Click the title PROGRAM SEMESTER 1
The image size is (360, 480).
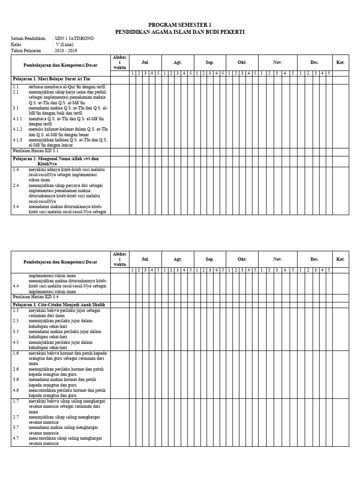click(x=180, y=24)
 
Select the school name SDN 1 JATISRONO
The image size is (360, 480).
click(x=74, y=38)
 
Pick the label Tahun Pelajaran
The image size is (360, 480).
click(x=26, y=51)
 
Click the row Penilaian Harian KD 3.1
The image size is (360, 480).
click(x=36, y=151)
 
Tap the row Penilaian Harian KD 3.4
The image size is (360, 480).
click(x=36, y=297)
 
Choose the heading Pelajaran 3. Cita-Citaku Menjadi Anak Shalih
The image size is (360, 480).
click(x=59, y=305)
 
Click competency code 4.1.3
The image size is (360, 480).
click(x=18, y=140)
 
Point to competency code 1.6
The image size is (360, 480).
click(x=16, y=353)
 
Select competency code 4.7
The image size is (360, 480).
click(x=16, y=438)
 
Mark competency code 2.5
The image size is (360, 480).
click(x=16, y=321)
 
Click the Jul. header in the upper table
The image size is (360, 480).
click(x=145, y=62)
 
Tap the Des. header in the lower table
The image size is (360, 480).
click(x=314, y=259)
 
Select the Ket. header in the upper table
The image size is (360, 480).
click(x=340, y=62)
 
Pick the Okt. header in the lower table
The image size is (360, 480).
click(x=242, y=259)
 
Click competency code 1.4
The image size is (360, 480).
click(x=16, y=170)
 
